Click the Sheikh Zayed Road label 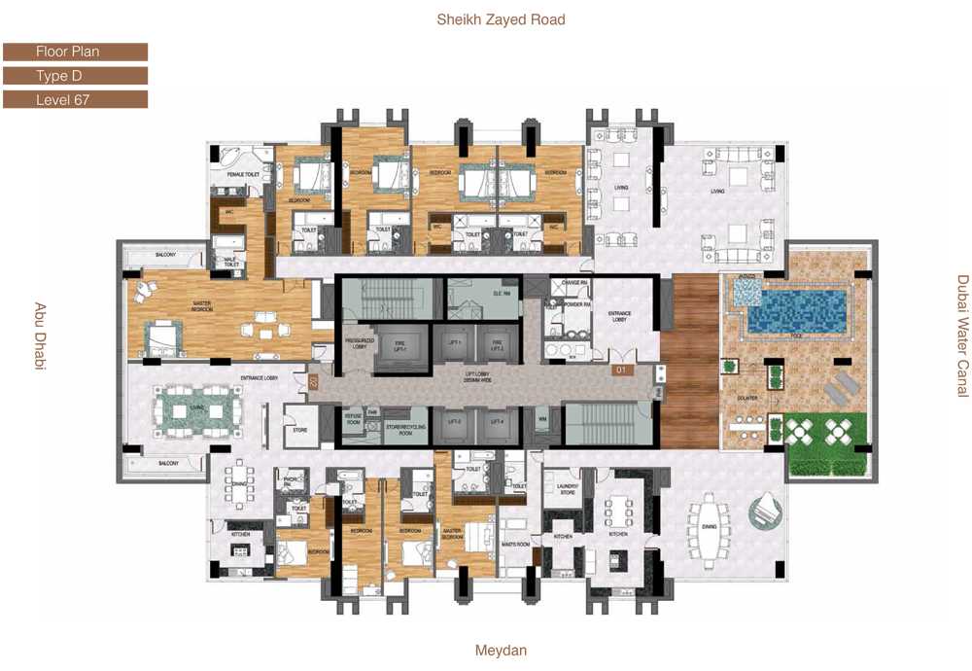pos(501,19)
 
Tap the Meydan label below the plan pos(501,651)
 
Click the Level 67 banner pos(75,99)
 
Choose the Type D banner pos(75,76)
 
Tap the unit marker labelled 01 pos(618,371)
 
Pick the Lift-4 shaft pos(498,422)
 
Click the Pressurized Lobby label pos(354,343)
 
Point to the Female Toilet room pos(241,174)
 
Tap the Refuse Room pos(354,420)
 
